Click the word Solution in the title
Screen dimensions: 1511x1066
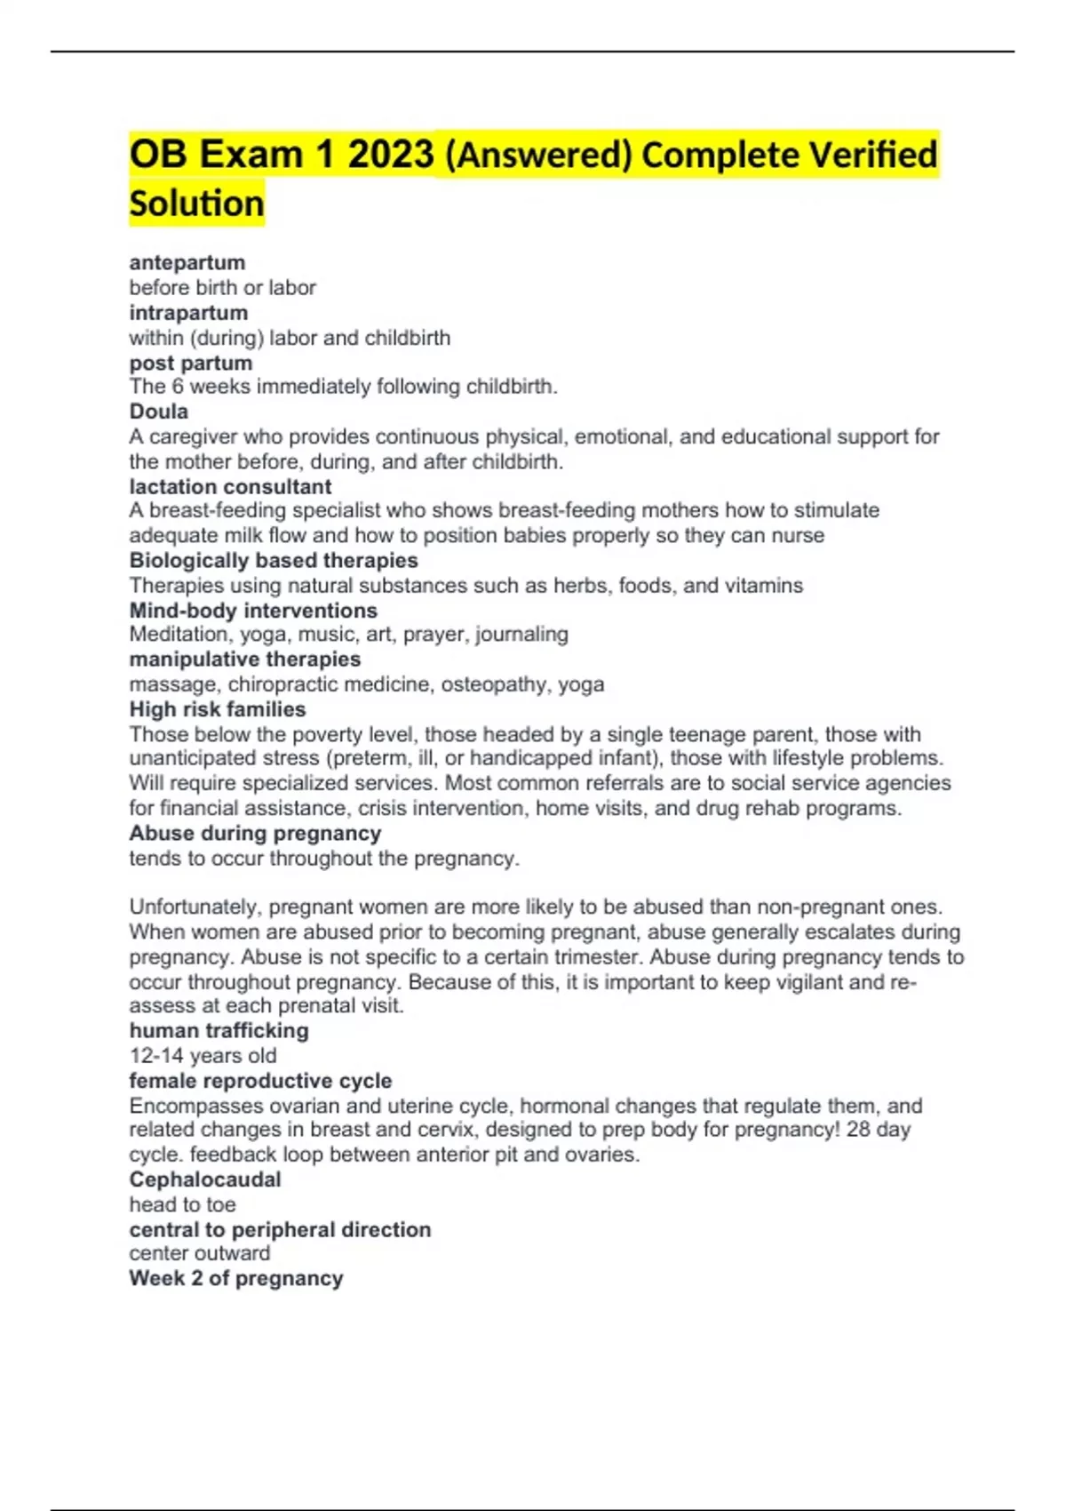(x=196, y=204)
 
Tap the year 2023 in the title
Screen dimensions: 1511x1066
(x=390, y=155)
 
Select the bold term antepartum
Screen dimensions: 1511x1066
(x=187, y=263)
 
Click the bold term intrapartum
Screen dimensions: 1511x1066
(x=188, y=313)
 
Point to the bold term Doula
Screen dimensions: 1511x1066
(x=159, y=412)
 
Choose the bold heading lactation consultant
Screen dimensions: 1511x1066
(x=230, y=487)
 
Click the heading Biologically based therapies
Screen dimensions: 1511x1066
(x=274, y=561)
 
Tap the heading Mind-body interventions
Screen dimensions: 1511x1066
(x=253, y=611)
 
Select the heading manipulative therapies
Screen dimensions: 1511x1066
(x=245, y=660)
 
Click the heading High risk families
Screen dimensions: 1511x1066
(x=218, y=709)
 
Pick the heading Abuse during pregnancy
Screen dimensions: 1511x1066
(x=255, y=834)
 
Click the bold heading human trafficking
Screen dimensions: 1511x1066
(x=219, y=1031)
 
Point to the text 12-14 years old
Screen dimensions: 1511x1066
(x=203, y=1056)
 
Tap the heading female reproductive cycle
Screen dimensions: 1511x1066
(x=260, y=1081)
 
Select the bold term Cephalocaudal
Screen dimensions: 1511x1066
(x=205, y=1179)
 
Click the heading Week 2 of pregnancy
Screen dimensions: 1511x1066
(x=236, y=1278)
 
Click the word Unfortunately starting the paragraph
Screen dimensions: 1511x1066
(x=195, y=907)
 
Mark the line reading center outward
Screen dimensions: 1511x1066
(x=200, y=1253)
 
